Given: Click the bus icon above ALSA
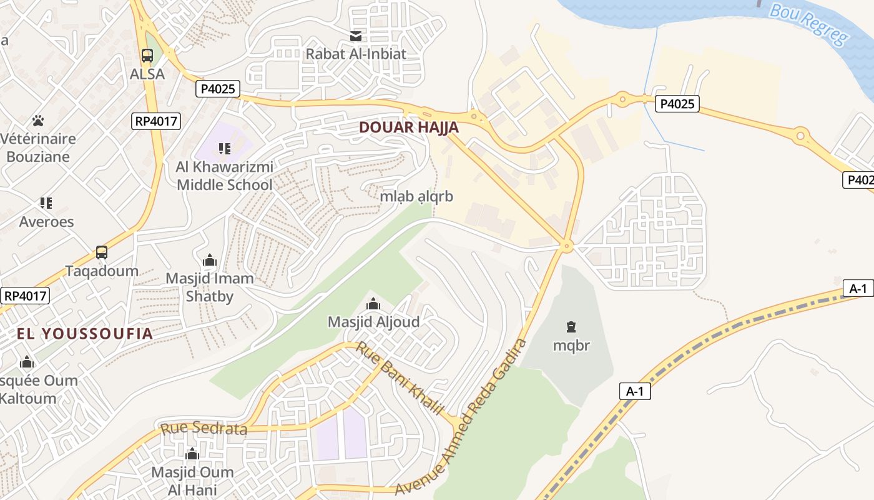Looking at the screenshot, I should (x=147, y=56).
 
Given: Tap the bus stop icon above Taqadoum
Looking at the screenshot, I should (x=102, y=252).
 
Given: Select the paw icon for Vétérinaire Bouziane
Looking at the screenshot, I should (x=38, y=120).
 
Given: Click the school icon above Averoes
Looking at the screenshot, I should (x=46, y=202).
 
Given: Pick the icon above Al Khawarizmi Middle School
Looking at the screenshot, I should (x=224, y=149).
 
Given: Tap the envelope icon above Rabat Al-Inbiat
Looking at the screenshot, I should (x=356, y=36).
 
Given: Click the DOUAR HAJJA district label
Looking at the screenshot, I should (x=409, y=127).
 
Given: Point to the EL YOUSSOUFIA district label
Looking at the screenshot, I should (x=85, y=333).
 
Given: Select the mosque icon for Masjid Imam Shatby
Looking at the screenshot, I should (x=210, y=260).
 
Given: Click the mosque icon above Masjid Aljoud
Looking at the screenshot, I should (x=373, y=304).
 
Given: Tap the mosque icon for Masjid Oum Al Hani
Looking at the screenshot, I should (x=192, y=454).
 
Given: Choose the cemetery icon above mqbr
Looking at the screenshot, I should (x=571, y=326).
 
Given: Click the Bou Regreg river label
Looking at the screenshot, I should (x=810, y=24).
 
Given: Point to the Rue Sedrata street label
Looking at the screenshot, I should (x=204, y=429).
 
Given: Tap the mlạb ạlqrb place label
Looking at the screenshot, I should (x=416, y=196).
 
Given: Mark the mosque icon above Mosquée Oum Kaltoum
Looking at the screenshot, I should (x=27, y=362).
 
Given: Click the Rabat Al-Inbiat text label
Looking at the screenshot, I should (x=356, y=54).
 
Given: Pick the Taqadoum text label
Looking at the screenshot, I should (x=102, y=271).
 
